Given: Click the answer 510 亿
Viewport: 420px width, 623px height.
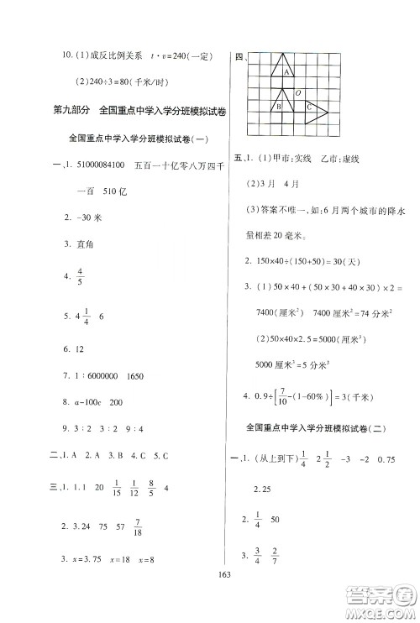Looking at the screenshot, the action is click(111, 190).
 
